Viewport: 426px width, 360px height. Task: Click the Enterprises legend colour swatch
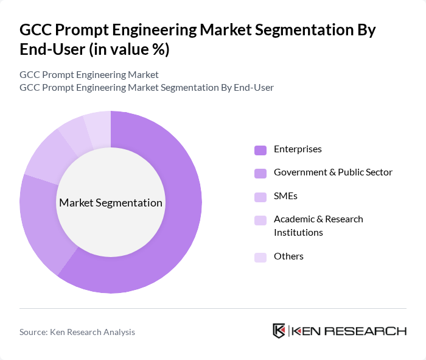point(260,150)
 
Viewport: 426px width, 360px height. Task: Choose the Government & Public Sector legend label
point(333,172)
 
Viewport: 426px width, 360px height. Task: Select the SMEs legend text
point(285,196)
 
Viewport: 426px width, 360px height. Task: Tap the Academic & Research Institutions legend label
point(318,225)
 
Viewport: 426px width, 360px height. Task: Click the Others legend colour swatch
point(260,257)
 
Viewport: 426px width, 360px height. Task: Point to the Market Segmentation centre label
point(111,203)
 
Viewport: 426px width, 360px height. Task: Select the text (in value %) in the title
point(129,50)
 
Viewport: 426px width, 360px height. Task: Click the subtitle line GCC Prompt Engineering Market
point(89,75)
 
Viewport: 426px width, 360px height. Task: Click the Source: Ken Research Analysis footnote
point(77,332)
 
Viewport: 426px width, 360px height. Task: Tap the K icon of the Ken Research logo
point(279,331)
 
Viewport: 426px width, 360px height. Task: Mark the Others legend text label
point(288,256)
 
